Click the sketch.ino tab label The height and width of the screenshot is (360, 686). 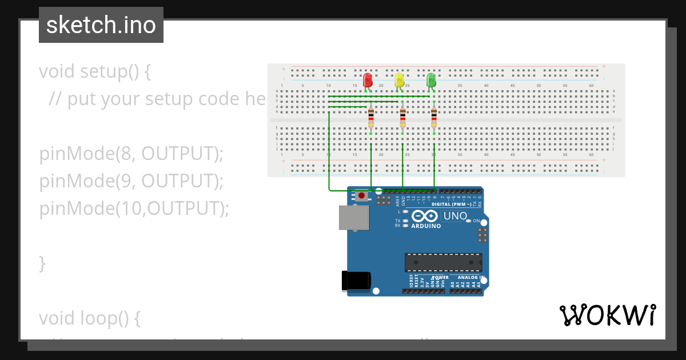pyautogui.click(x=101, y=25)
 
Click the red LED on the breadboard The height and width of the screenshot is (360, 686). pyautogui.click(x=368, y=79)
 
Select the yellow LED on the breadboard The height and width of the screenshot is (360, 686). pyautogui.click(x=400, y=79)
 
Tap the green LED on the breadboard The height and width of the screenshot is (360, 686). pyautogui.click(x=431, y=79)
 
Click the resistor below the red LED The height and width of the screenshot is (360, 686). pyautogui.click(x=371, y=118)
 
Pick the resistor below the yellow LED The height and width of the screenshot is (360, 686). pyautogui.click(x=402, y=118)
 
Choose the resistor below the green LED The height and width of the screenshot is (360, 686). pyautogui.click(x=434, y=118)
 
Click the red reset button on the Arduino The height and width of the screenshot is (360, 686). pyautogui.click(x=361, y=196)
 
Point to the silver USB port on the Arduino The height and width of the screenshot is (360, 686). pyautogui.click(x=353, y=218)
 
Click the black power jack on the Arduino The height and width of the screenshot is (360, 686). pyautogui.click(x=356, y=281)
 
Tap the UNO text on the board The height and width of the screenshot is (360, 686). pyautogui.click(x=456, y=217)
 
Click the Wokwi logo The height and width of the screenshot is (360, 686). pyautogui.click(x=607, y=315)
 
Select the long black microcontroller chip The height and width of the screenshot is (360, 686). pyautogui.click(x=443, y=262)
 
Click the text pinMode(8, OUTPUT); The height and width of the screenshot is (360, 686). pyautogui.click(x=131, y=154)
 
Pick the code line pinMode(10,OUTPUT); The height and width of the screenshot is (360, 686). pyautogui.click(x=134, y=209)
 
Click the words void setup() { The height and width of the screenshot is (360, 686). pyautogui.click(x=95, y=72)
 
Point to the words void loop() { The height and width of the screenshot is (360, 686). pyautogui.click(x=90, y=318)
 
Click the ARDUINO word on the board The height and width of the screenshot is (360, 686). pyautogui.click(x=426, y=226)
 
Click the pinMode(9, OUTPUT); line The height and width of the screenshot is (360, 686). pyautogui.click(x=131, y=181)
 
